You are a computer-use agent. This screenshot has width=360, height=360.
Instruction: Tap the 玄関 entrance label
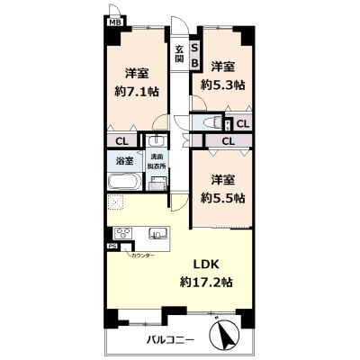pyautogui.click(x=179, y=53)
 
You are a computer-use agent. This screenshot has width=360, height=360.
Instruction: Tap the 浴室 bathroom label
pyautogui.click(x=124, y=161)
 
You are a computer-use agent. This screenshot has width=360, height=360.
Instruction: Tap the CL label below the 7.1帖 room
pyautogui.click(x=122, y=140)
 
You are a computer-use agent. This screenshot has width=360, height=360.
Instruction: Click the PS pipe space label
pyautogui.click(x=112, y=246)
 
